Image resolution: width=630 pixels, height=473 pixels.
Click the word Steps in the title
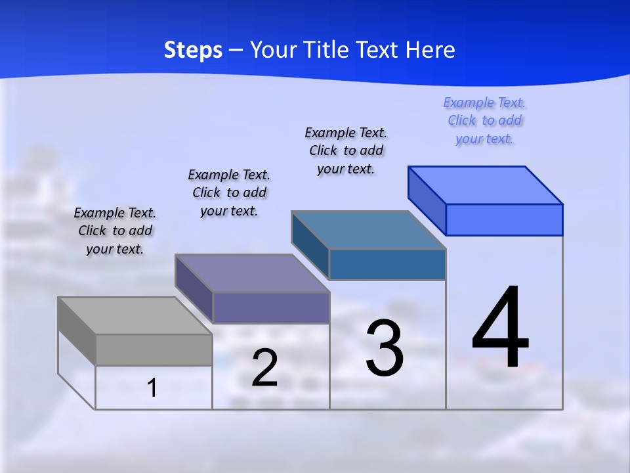pos(193,50)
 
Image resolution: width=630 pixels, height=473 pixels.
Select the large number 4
pos(500,328)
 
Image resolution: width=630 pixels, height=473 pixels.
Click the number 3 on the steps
pos(384,348)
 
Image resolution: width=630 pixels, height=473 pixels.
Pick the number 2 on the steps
pos(264,369)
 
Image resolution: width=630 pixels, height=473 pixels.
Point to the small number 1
pos(152,388)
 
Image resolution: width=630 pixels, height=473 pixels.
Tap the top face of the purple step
pos(252,273)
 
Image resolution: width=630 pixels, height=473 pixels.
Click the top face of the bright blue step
pos(486,185)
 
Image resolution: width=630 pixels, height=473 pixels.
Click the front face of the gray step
pos(154,349)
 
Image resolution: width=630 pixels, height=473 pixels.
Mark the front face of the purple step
pos(271,307)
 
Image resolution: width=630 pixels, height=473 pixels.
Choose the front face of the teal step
pos(387,264)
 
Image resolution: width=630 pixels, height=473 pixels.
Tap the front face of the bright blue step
pos(504,219)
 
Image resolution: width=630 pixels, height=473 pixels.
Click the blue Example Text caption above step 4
pos(484,121)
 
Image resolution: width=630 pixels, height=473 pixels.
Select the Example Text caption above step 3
pos(346,150)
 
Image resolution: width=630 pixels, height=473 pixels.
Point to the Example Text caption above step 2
pos(229,192)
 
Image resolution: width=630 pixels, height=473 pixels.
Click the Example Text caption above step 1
pos(115,231)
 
